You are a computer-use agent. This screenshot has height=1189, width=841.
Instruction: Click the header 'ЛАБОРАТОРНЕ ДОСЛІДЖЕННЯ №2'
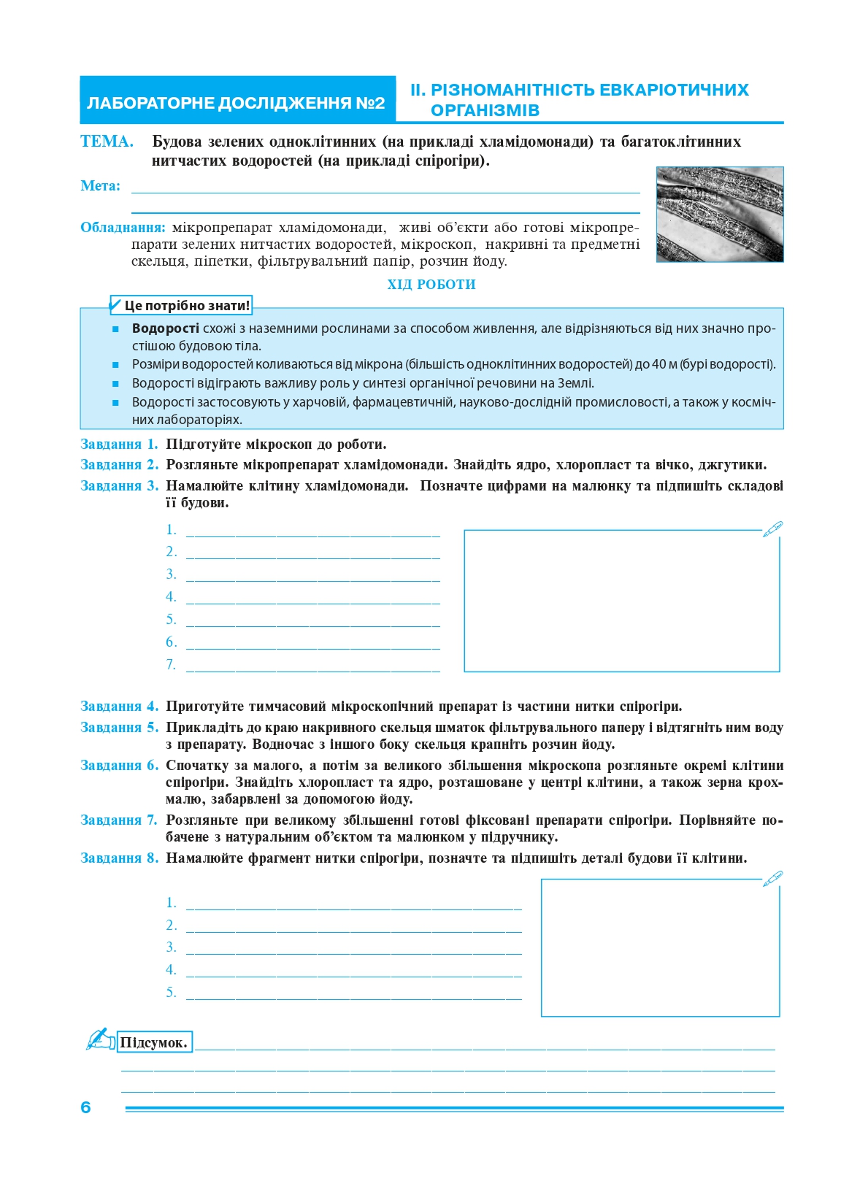point(236,103)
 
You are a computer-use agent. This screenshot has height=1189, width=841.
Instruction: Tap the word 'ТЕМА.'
point(107,142)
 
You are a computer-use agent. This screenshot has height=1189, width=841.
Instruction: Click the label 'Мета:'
point(101,186)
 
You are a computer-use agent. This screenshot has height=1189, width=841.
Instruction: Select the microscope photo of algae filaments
point(719,214)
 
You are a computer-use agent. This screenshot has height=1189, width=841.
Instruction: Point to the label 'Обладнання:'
point(123,228)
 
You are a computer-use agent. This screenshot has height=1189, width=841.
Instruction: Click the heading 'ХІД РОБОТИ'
point(431,285)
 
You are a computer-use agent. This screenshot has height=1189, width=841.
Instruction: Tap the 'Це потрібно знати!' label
point(186,306)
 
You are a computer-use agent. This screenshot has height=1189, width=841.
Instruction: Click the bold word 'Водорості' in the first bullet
point(165,328)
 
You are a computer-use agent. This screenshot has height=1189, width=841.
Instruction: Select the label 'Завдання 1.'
point(119,445)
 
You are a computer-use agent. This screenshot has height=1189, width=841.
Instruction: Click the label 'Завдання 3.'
point(119,486)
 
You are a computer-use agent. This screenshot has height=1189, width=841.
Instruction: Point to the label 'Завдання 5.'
point(119,728)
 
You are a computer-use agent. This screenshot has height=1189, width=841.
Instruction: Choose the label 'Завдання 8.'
point(119,858)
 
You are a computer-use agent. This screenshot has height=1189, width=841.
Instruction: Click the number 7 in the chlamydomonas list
point(171,665)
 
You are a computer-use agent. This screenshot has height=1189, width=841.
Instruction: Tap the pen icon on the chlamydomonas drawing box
point(772,529)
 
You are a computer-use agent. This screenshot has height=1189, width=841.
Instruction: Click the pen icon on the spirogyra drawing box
point(772,878)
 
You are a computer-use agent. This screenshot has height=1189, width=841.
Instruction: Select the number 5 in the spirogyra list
point(171,993)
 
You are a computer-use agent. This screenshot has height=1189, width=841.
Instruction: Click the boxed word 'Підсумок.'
point(154,1043)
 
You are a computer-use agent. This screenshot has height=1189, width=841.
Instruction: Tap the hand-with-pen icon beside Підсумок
point(101,1039)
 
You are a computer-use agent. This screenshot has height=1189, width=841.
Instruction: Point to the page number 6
point(85,1107)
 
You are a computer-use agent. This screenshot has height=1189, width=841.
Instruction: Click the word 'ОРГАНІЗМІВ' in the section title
point(485,111)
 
